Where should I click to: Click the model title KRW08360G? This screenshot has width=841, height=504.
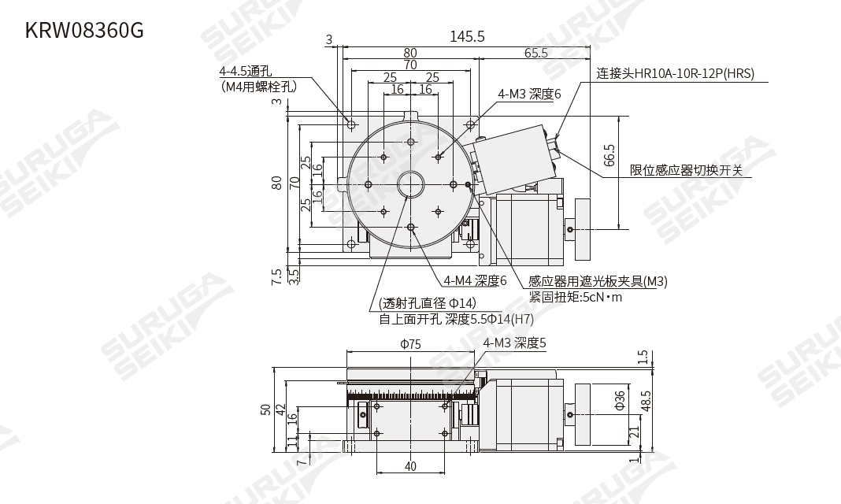pyautogui.click(x=84, y=31)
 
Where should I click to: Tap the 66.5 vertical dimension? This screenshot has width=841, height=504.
pyautogui.click(x=609, y=154)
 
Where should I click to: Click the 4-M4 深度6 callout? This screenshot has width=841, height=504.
pyautogui.click(x=475, y=280)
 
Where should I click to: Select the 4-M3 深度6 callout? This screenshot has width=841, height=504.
pyautogui.click(x=528, y=94)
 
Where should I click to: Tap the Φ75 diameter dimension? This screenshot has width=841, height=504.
pyautogui.click(x=410, y=344)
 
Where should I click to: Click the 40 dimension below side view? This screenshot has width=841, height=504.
pyautogui.click(x=410, y=466)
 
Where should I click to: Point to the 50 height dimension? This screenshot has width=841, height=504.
pyautogui.click(x=265, y=409)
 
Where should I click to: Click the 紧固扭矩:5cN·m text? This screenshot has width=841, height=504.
pyautogui.click(x=575, y=297)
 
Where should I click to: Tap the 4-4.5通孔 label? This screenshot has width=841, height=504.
pyautogui.click(x=245, y=72)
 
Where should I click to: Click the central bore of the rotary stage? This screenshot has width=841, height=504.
pyautogui.click(x=410, y=184)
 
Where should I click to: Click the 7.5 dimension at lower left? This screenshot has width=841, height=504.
pyautogui.click(x=276, y=276)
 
